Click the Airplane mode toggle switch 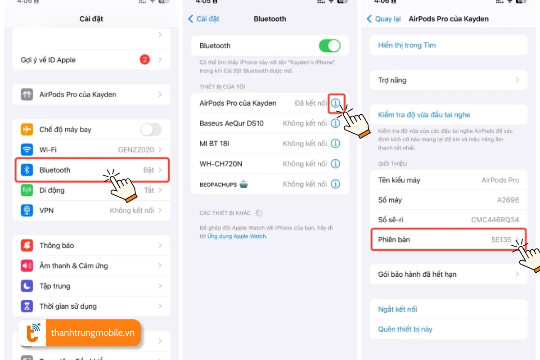(151, 130)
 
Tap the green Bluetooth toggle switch (329, 45)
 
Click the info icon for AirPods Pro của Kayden (336, 103)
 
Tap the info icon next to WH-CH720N (336, 164)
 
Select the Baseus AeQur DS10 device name (231, 123)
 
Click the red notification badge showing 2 (144, 60)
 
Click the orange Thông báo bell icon (27, 245)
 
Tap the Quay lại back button (384, 19)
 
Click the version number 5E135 (501, 239)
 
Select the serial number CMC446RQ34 (495, 220)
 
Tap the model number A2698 (508, 200)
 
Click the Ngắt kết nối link (397, 309)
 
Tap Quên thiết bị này (405, 329)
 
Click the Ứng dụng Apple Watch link (237, 236)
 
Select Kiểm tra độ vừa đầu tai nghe (424, 115)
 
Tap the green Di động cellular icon (27, 190)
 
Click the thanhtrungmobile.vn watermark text (93, 333)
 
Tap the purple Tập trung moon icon (27, 286)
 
